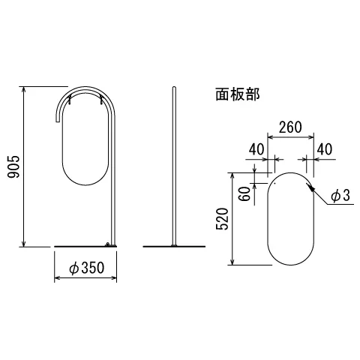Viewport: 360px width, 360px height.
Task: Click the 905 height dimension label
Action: click(x=13, y=166)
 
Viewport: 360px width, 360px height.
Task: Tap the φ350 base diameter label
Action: click(x=86, y=268)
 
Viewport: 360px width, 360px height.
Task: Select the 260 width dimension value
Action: click(x=290, y=127)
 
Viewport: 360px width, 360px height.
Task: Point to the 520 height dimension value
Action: click(x=222, y=219)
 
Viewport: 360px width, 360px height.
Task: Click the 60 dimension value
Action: click(x=244, y=193)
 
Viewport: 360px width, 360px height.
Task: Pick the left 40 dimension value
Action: click(x=256, y=149)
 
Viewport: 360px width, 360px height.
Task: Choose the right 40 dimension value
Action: click(x=325, y=149)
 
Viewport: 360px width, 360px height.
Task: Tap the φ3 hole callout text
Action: click(x=340, y=195)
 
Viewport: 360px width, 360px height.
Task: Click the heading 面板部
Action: click(x=238, y=94)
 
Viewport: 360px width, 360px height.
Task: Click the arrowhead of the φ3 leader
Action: click(x=310, y=187)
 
